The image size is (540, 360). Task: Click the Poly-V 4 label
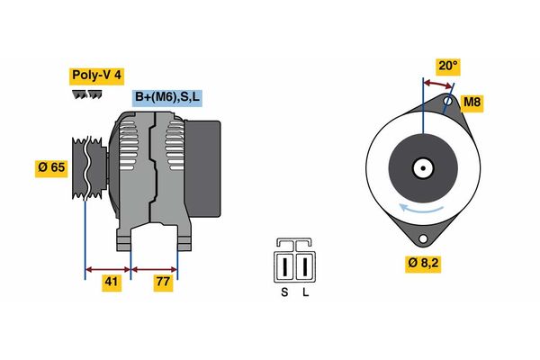coord(95,75)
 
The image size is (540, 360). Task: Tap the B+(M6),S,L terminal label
coord(168,97)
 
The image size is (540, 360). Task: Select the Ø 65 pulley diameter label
coord(50,168)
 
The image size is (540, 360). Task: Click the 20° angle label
coord(447,66)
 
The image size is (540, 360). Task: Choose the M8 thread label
coord(472,103)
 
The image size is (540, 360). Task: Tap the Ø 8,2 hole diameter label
coord(425,264)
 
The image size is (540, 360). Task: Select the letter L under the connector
coord(306,292)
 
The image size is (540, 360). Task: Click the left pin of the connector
coord(286,265)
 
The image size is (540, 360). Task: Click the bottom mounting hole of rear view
coord(421,239)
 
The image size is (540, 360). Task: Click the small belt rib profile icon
coord(86,94)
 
